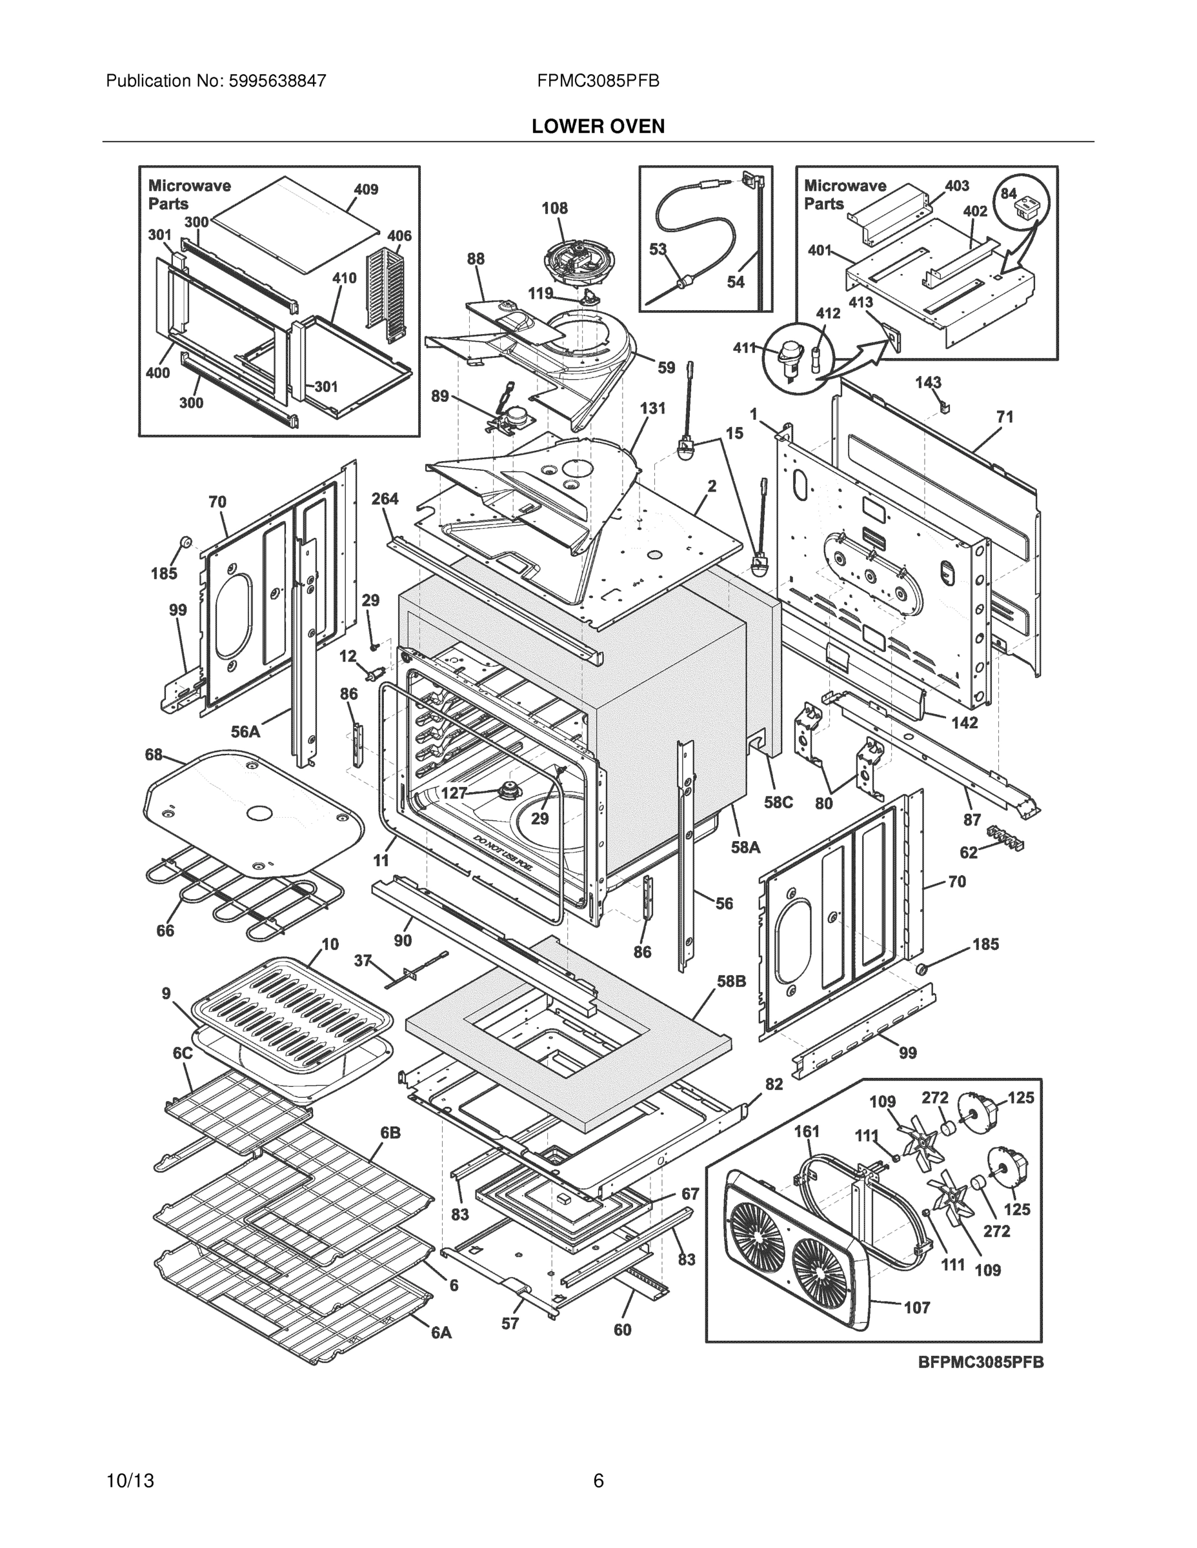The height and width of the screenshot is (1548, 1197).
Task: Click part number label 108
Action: coord(554,208)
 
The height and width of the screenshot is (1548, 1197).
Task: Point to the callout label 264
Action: coord(385,499)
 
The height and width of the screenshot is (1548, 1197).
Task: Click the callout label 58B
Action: coord(730,981)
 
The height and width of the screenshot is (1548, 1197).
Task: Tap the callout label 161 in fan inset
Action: coord(806,1131)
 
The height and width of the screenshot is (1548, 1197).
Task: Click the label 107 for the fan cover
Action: coord(916,1307)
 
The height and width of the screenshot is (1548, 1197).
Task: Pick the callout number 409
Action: coord(366,189)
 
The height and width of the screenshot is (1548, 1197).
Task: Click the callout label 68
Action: coord(154,754)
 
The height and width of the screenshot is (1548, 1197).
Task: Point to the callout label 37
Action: coord(363,960)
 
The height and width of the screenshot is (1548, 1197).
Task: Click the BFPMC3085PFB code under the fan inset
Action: coord(981,1362)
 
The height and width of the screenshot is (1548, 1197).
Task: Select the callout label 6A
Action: coord(441,1333)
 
